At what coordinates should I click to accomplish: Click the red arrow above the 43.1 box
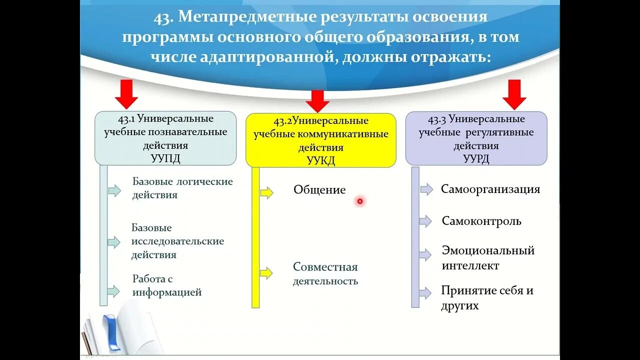tap(127, 94)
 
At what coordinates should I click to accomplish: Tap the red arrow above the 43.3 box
tap(514, 94)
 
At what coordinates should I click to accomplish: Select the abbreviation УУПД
tap(165, 158)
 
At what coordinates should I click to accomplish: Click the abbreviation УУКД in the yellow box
tap(320, 160)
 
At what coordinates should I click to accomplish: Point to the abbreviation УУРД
tap(476, 158)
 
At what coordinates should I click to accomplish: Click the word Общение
tap(319, 190)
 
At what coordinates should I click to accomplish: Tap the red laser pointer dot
tap(359, 201)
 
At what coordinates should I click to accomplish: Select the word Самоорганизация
tap(490, 189)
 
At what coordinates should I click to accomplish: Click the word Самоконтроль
tap(481, 221)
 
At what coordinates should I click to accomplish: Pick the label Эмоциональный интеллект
tap(488, 258)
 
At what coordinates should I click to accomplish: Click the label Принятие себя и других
tap(487, 298)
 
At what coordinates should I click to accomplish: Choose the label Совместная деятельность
tap(325, 274)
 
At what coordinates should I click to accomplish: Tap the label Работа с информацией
tap(167, 285)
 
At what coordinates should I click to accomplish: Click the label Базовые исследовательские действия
tap(177, 241)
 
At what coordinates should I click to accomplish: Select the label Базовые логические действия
tap(182, 188)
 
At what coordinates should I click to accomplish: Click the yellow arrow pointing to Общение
tap(266, 192)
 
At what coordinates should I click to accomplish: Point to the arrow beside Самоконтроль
tap(425, 221)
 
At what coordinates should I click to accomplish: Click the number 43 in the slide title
tap(162, 17)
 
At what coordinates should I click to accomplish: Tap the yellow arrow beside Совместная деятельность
tap(266, 273)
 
